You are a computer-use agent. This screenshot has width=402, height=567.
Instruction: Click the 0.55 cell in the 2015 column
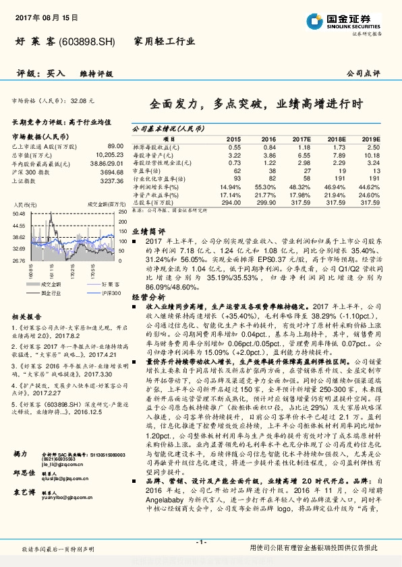coord(234,146)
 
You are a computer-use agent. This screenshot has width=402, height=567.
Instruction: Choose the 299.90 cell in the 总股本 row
coord(266,201)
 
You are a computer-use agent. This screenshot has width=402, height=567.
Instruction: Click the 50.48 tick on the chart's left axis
coord(19,213)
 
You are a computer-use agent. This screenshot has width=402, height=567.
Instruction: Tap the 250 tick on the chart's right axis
coord(121,213)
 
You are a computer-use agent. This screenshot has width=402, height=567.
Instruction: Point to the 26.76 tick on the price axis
coord(19,259)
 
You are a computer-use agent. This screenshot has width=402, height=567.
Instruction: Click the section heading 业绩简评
coord(144,230)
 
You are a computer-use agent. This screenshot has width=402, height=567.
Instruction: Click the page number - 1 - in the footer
coord(200,542)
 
